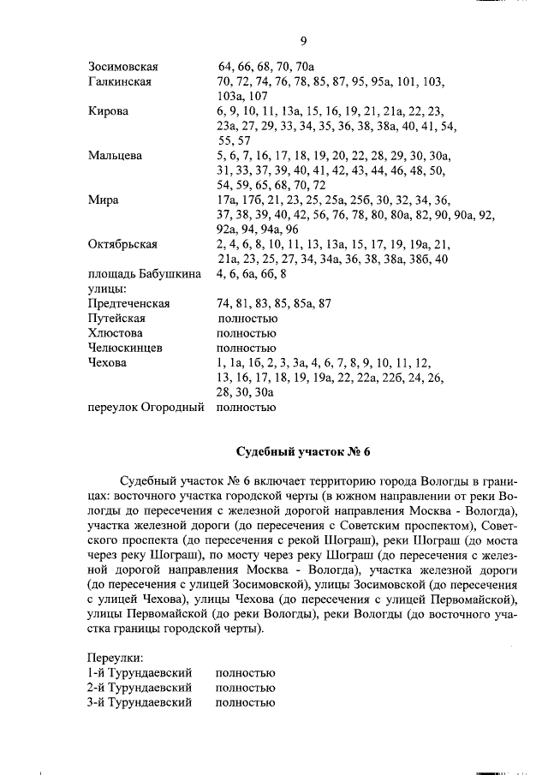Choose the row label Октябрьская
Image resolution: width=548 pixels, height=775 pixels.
pos(122,244)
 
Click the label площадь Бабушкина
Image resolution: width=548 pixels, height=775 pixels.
pos(145,274)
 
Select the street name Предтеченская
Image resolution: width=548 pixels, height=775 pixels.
pos(128,303)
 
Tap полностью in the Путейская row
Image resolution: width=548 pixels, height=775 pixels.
pos(247,318)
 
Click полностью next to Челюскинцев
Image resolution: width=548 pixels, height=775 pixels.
pos(246,348)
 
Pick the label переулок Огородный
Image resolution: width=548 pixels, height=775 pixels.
pos(146,407)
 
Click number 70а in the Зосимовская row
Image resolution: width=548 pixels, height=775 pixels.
pos(306,66)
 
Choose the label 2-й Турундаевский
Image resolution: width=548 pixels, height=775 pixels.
pos(139,688)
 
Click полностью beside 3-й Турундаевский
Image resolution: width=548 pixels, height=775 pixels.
pos(246,702)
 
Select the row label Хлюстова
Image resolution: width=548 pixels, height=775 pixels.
pos(115,333)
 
